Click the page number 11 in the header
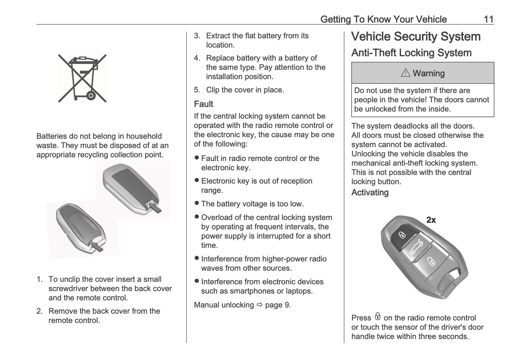tap(488, 19)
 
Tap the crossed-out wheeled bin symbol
tap(82, 78)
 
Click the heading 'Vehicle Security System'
tap(416, 37)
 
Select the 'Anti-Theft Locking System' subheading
tap(411, 53)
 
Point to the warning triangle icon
tap(405, 73)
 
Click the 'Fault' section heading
tap(203, 104)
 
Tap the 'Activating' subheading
tap(370, 193)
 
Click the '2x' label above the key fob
tap(431, 220)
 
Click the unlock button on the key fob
tap(431, 262)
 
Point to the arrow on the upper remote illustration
tap(155, 207)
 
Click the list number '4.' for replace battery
tap(197, 58)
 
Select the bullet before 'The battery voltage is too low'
tap(197, 203)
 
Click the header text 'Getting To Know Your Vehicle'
tap(383, 19)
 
